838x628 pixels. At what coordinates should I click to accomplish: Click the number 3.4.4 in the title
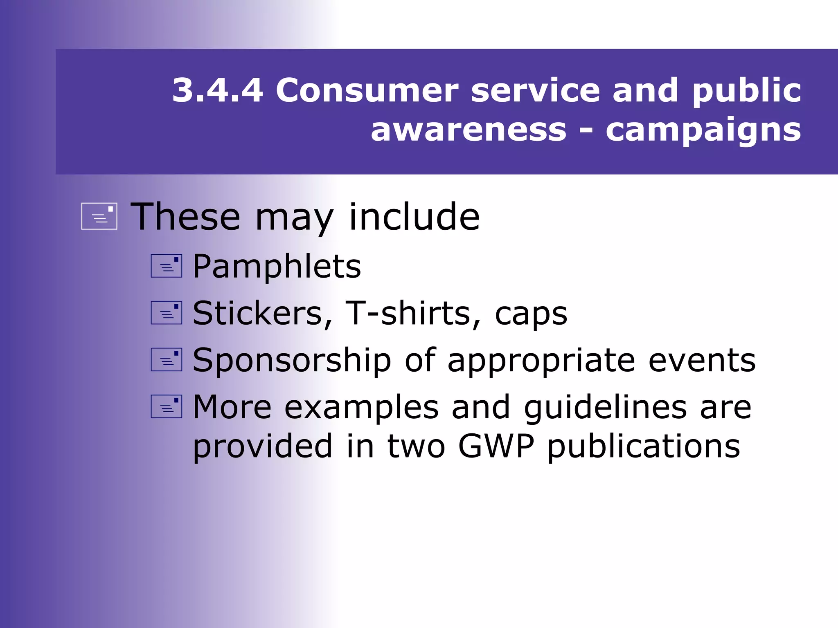(217, 90)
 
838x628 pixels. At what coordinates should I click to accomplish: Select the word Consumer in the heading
(367, 90)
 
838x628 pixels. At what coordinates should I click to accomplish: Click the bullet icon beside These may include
(99, 216)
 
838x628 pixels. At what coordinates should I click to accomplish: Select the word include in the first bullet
(414, 217)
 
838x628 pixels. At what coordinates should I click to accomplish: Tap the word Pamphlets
(277, 267)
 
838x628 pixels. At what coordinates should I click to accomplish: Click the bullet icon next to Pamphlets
(166, 266)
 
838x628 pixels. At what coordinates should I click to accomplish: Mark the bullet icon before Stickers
(166, 313)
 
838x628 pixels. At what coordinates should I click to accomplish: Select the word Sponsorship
(292, 361)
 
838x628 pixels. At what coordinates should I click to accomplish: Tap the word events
(702, 361)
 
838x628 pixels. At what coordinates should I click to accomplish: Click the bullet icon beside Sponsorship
(166, 359)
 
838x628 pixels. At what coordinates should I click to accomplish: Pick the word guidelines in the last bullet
(605, 408)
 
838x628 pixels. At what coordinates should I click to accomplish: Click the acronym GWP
(496, 446)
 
